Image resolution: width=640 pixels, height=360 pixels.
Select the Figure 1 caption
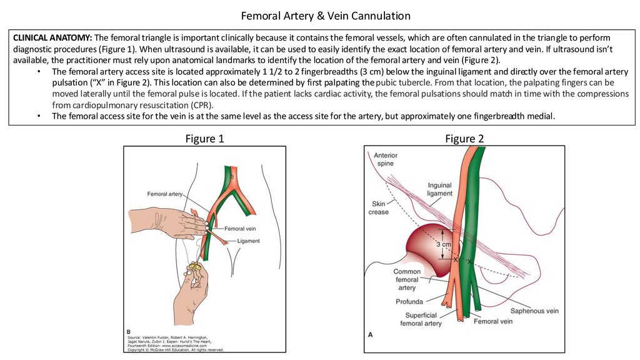204,139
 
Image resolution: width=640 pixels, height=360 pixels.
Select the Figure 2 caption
464,139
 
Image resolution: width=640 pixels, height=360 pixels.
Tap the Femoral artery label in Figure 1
165,194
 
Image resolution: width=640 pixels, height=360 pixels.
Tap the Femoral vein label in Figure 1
241,229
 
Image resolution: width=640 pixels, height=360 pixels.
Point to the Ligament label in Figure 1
249,241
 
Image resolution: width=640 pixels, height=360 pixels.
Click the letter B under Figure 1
128,331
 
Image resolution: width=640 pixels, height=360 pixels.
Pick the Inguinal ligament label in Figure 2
440,189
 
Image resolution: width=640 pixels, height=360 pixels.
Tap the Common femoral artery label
407,279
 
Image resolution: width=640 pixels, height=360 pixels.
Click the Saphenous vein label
534,311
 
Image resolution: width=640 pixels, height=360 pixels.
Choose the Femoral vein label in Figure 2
493,321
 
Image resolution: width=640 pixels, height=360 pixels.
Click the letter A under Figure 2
371,334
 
